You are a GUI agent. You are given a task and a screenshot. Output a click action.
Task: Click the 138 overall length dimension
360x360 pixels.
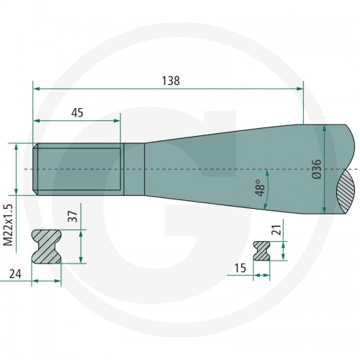pos(171,81)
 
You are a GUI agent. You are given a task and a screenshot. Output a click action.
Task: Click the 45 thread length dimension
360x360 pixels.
pos(77,113)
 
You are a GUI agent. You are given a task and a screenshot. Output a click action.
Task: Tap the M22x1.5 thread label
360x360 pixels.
pos(9,225)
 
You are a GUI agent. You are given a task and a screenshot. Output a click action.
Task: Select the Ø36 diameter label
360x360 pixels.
pos(317,168)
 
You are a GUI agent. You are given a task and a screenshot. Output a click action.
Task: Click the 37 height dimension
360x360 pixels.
pos(73,216)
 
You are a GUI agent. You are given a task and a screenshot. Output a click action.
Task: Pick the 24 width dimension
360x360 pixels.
pos(15,274)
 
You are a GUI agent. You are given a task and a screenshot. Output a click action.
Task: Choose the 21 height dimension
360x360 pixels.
pos(276,230)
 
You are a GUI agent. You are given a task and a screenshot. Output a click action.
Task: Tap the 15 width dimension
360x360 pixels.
pos(240,268)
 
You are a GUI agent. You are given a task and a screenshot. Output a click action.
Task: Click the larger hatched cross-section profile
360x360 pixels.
pos(46,246)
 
